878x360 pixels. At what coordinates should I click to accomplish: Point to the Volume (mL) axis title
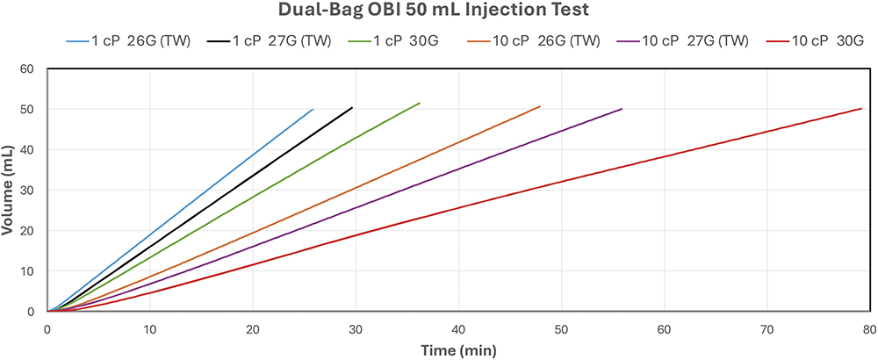pos(8,190)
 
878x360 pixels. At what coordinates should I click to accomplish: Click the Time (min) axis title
pos(457,349)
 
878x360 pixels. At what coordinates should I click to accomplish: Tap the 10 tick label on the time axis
pos(150,328)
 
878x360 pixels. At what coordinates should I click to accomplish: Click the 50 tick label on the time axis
pos(561,328)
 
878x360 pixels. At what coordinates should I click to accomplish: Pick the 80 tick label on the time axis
pos(868,328)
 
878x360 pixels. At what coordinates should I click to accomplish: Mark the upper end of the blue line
pos(313,109)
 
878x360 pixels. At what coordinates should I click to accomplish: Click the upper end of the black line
pos(352,107)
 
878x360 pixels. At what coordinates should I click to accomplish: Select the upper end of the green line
pos(420,103)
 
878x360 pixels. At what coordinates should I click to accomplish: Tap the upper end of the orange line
pos(540,106)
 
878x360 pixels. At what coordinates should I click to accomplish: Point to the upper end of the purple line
pos(622,109)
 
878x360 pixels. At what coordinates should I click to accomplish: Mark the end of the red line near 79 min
pos(861,109)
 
